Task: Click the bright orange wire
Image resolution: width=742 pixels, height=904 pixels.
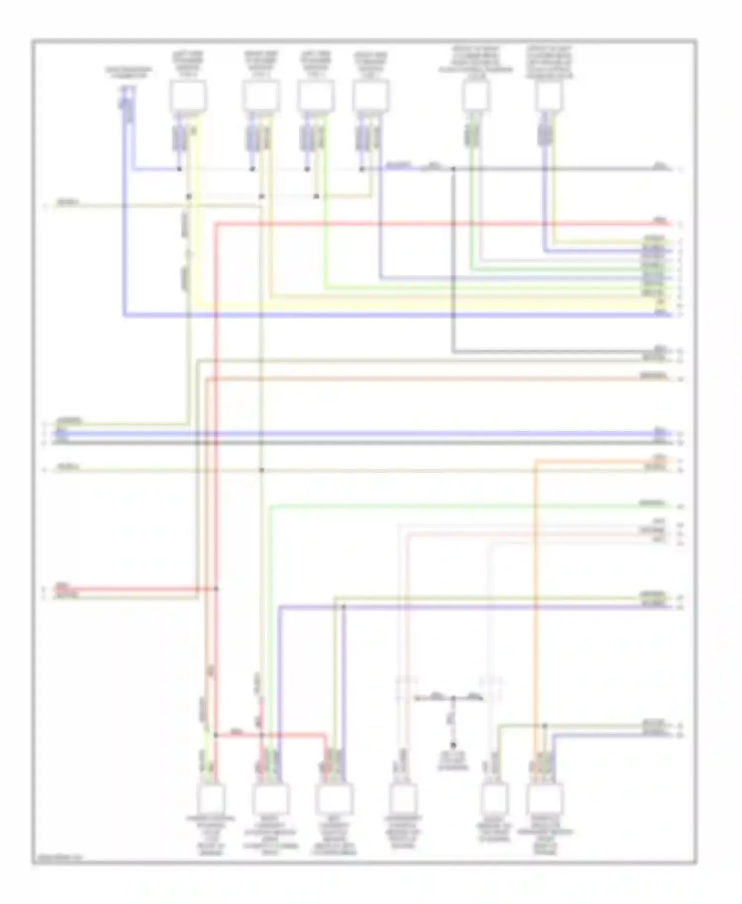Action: click(534, 593)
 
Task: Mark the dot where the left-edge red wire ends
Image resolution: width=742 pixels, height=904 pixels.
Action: click(216, 589)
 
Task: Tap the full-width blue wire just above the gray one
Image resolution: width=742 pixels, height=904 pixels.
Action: click(346, 434)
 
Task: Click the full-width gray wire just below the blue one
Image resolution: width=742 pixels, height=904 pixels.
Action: click(346, 443)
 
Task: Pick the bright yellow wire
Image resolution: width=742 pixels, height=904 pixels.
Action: click(420, 305)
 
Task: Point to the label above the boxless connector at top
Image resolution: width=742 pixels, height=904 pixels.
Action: click(128, 72)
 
